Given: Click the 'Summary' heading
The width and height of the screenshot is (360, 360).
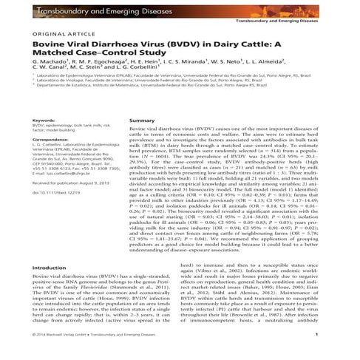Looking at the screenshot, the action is tap(142, 120).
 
